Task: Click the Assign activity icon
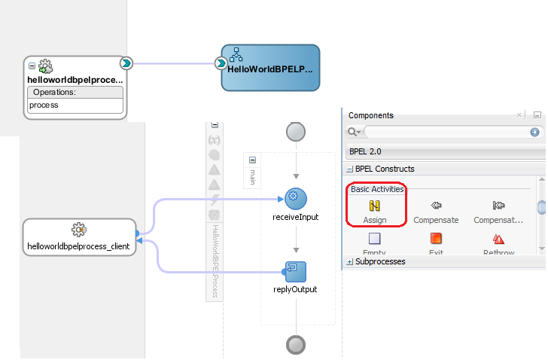pos(374,205)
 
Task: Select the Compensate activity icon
pos(436,205)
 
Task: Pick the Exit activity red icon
pos(436,239)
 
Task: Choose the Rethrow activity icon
pos(498,239)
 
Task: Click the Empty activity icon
pos(374,239)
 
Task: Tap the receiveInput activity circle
pos(296,199)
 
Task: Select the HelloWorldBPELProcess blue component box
pos(270,68)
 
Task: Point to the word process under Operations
pos(44,105)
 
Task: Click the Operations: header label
pos(54,92)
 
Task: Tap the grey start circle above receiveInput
pos(296,132)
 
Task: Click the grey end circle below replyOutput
pos(296,345)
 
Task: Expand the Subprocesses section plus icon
pos(350,262)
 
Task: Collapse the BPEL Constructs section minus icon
pos(350,169)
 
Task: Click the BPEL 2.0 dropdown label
pos(365,151)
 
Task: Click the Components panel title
pos(371,116)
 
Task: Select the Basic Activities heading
pos(377,189)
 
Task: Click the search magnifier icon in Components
pos(352,133)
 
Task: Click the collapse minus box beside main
pos(252,160)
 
